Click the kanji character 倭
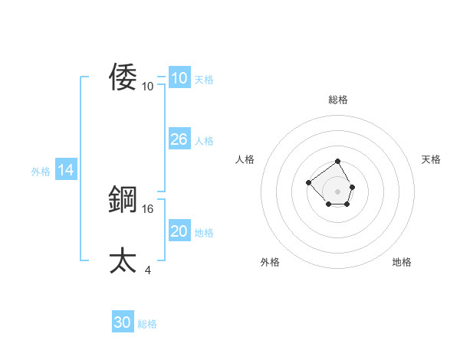tap(123, 77)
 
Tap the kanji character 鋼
tap(123, 200)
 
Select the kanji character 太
tap(123, 261)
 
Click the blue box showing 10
tap(179, 78)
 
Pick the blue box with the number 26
tap(179, 139)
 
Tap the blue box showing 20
tap(179, 231)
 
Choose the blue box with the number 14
tap(66, 170)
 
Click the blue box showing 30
tap(123, 322)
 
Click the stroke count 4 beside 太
tap(148, 270)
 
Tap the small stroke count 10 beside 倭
tap(148, 86)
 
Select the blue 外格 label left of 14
tap(41, 172)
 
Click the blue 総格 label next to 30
tap(147, 324)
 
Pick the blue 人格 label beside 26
tap(204, 141)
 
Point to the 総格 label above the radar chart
tap(338, 100)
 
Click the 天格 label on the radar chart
tap(431, 159)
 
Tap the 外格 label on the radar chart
tap(270, 262)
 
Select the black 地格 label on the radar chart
tap(402, 262)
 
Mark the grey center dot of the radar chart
tap(338, 191)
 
